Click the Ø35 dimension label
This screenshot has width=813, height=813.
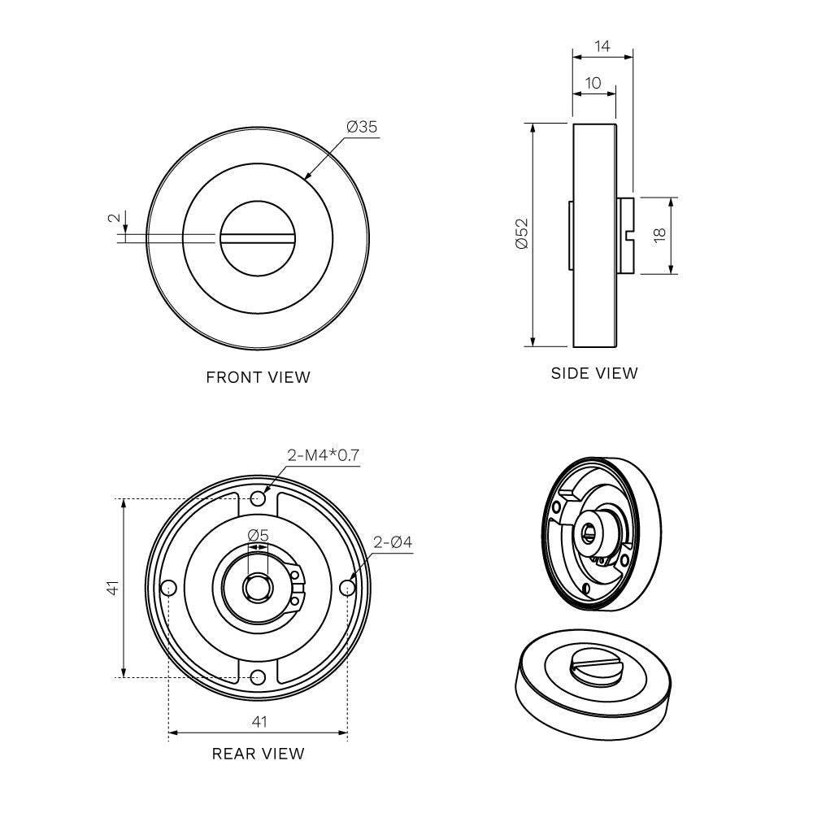(x=362, y=127)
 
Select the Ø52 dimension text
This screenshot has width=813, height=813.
(x=521, y=235)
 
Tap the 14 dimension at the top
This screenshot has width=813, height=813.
(x=602, y=46)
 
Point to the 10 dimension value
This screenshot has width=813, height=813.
(x=593, y=83)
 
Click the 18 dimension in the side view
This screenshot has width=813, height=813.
(x=659, y=235)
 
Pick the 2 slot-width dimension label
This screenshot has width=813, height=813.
(x=115, y=218)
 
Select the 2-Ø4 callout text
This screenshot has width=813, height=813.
(x=393, y=541)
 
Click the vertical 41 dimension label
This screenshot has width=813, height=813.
(x=114, y=587)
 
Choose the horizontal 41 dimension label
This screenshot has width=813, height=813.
(x=259, y=721)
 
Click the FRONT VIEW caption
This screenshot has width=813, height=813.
(x=258, y=377)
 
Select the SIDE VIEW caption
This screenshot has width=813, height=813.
(x=594, y=374)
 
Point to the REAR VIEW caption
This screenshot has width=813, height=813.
(x=258, y=754)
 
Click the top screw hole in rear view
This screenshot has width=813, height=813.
(x=259, y=498)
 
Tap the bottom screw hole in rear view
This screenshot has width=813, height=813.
(x=259, y=676)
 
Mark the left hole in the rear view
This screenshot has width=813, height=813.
(x=169, y=587)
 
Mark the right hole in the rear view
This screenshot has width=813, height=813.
(x=348, y=587)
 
